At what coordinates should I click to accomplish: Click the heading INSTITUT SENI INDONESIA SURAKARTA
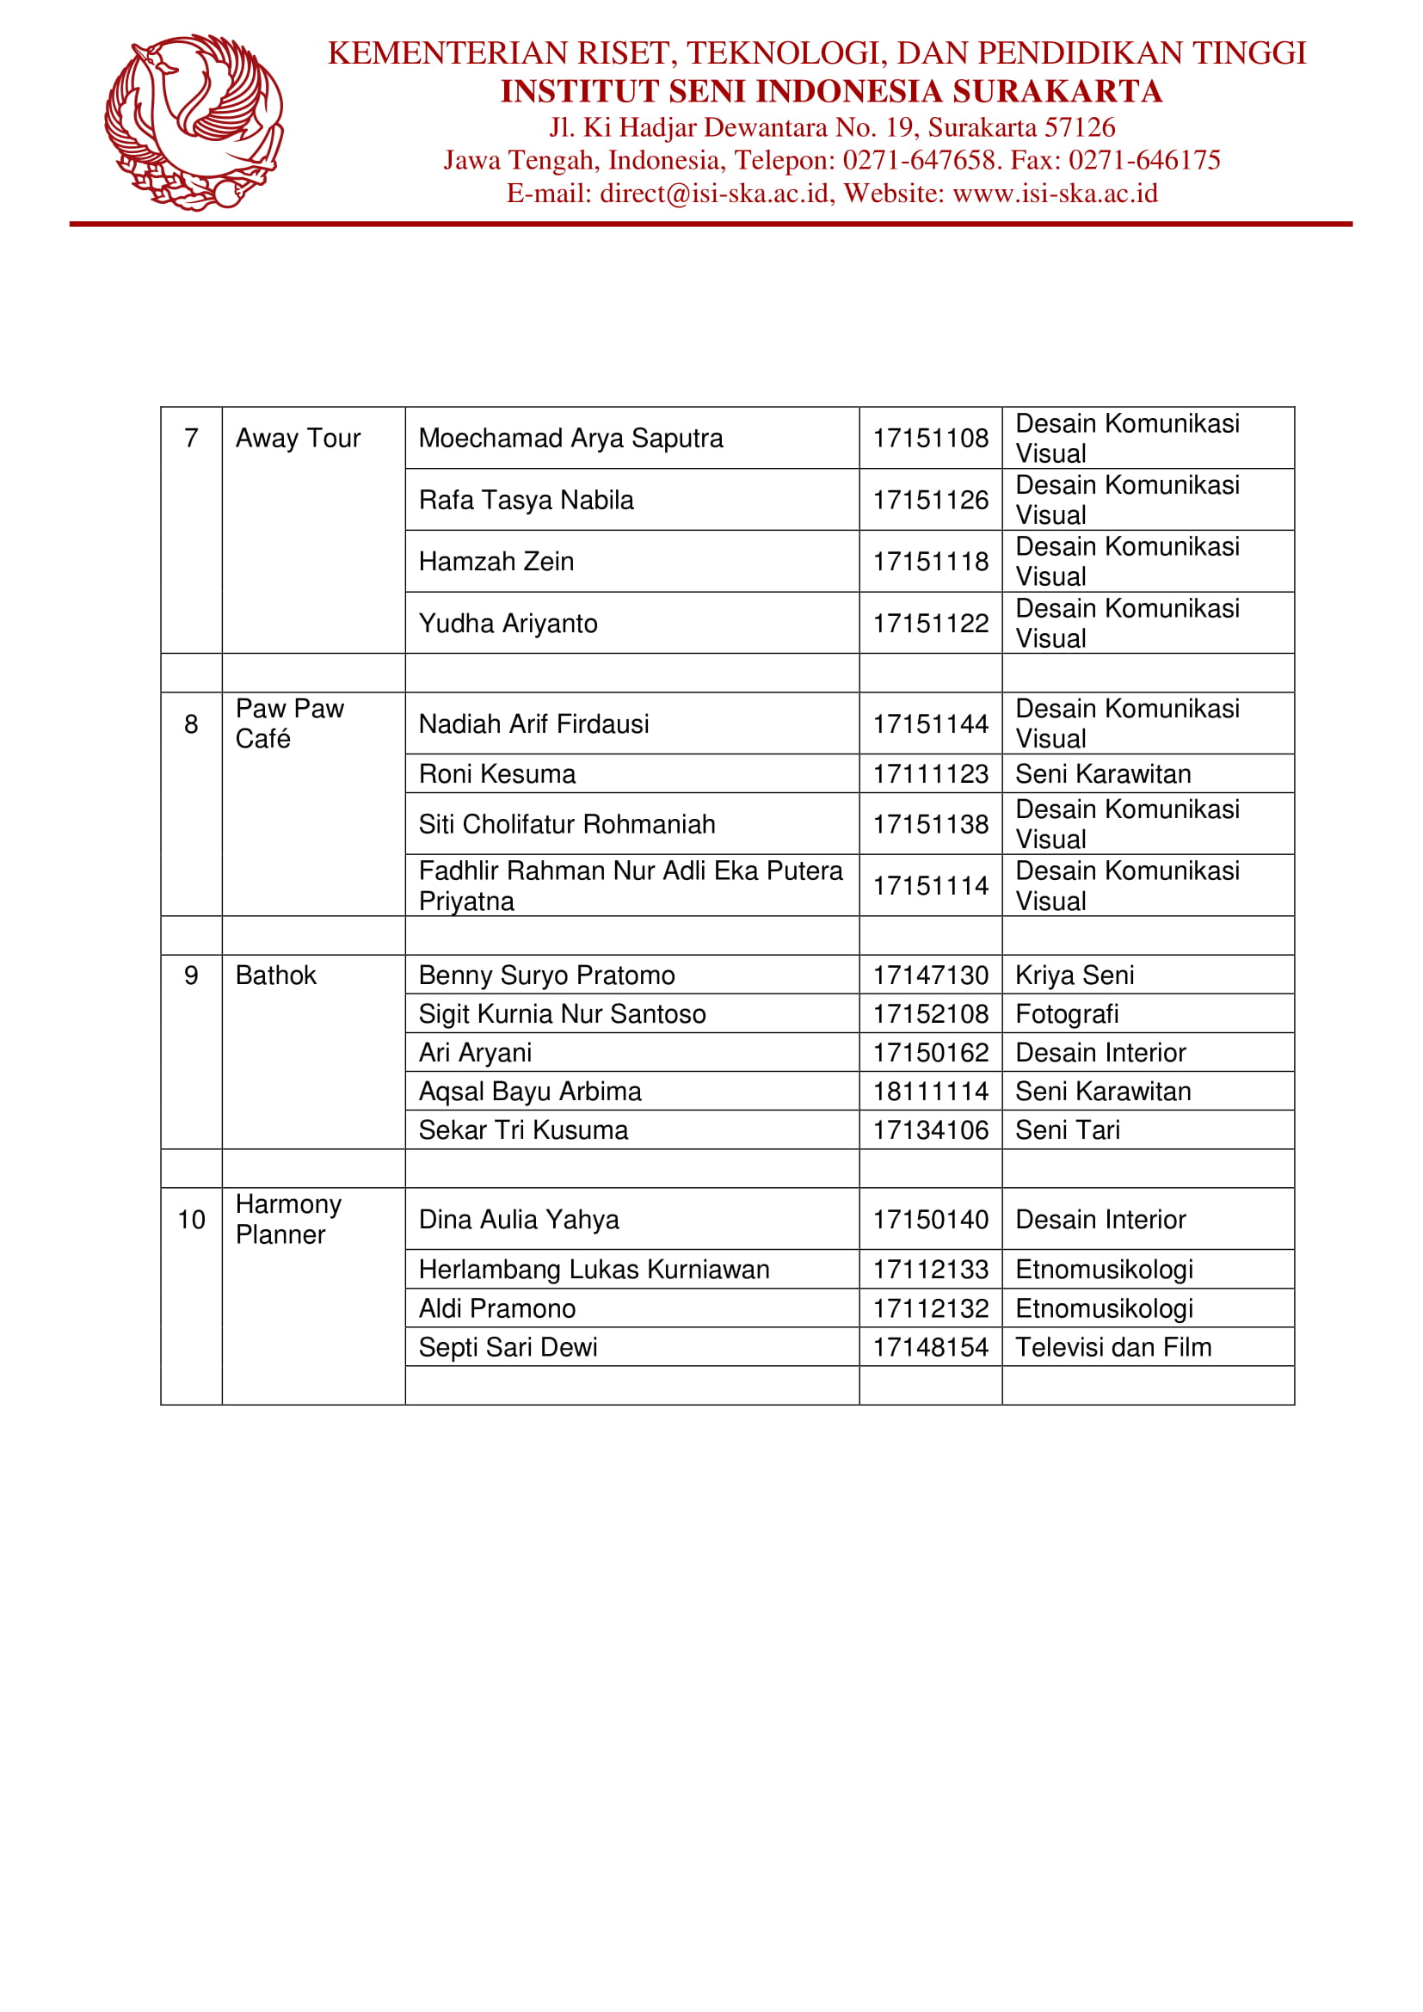point(831,91)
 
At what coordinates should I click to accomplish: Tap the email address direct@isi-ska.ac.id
point(714,193)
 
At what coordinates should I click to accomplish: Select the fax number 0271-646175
point(1143,159)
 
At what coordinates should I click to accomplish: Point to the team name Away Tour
point(298,438)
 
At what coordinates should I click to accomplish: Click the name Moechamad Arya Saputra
point(570,438)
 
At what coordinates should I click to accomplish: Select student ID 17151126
point(930,500)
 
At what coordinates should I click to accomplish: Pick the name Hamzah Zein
point(496,561)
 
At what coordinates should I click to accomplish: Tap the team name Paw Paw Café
point(289,723)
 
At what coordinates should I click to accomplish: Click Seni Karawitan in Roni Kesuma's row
point(1102,774)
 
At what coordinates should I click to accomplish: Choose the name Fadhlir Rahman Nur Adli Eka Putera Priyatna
point(629,885)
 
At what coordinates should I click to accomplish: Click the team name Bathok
point(275,975)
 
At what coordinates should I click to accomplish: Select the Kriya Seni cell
point(1075,975)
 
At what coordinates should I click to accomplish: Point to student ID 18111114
point(930,1091)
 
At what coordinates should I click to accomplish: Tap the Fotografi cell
point(1066,1014)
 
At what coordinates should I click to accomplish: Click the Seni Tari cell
point(1067,1129)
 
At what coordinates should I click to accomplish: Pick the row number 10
point(191,1219)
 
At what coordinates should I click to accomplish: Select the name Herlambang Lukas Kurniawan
point(594,1269)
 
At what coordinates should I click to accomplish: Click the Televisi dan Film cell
point(1112,1347)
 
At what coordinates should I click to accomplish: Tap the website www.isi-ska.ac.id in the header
point(1054,193)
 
